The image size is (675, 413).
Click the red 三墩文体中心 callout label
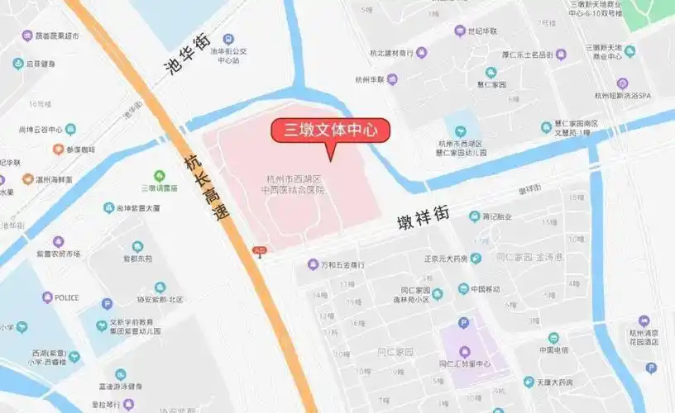331,130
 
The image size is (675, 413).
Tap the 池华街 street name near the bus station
189,55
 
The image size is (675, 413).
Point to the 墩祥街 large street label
422,220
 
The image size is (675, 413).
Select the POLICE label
66,297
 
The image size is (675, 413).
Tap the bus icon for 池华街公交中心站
228,39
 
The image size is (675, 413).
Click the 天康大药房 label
553,382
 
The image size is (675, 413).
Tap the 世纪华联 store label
482,31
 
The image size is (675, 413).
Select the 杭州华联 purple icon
394,79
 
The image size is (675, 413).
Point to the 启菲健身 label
41,64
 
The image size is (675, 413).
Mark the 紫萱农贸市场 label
58,253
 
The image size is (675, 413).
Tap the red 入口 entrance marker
259,250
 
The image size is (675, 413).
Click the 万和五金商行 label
342,264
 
